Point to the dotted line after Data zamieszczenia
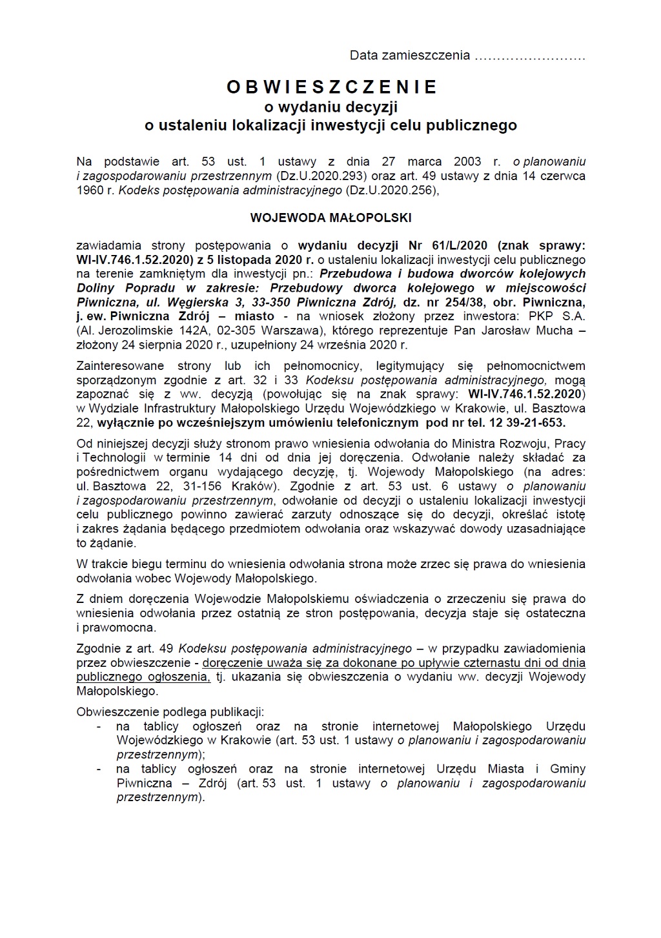coord(529,56)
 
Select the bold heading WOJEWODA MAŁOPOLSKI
coord(330,218)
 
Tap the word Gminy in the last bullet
coord(567,769)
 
